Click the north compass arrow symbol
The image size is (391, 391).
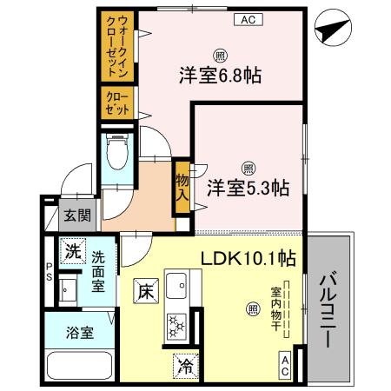tap(328, 29)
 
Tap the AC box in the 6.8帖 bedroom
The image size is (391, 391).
tap(247, 18)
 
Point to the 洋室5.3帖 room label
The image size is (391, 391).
tap(248, 186)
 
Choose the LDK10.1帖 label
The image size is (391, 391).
tap(249, 258)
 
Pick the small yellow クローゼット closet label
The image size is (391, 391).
tap(119, 103)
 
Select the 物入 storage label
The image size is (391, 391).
tap(182, 185)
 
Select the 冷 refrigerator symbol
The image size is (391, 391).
tap(185, 365)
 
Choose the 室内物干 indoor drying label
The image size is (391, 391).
tap(275, 307)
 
